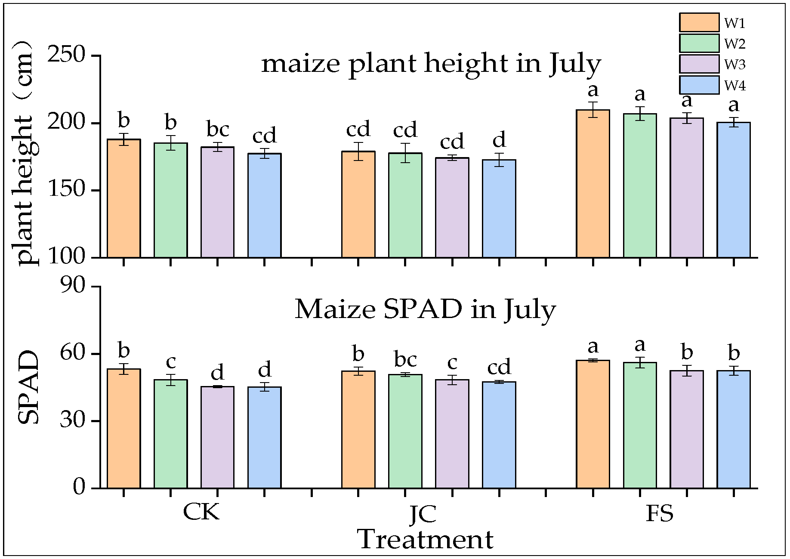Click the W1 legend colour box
click(x=699, y=22)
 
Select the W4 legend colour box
click(x=699, y=85)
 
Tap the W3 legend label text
click(x=734, y=65)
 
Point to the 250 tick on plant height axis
click(x=67, y=55)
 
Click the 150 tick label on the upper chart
click(x=67, y=190)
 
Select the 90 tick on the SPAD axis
click(x=73, y=286)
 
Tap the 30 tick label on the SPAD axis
click(x=73, y=420)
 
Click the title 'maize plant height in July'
click(x=431, y=64)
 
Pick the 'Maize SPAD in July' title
click(x=425, y=309)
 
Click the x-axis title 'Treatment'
click(x=425, y=540)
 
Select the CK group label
click(x=201, y=512)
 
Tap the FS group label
click(x=659, y=513)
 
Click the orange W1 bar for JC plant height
click(x=358, y=204)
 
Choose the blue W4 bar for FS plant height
click(x=733, y=190)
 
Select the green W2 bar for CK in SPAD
click(x=170, y=434)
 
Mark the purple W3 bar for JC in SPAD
click(x=452, y=434)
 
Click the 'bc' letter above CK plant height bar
click(x=218, y=129)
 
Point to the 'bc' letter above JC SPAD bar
click(x=405, y=359)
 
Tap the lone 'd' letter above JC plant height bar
click(x=499, y=140)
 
